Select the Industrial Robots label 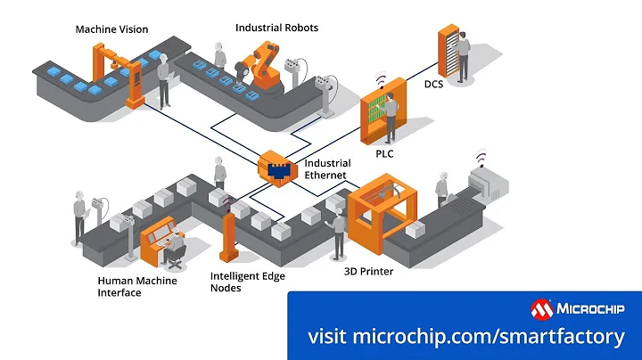(x=276, y=28)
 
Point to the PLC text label (x=384, y=153)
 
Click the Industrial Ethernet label (x=328, y=169)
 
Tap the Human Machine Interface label (x=136, y=287)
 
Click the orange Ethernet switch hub (x=276, y=167)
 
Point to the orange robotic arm (x=263, y=66)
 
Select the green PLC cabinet (x=382, y=119)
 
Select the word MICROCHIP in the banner (x=591, y=309)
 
